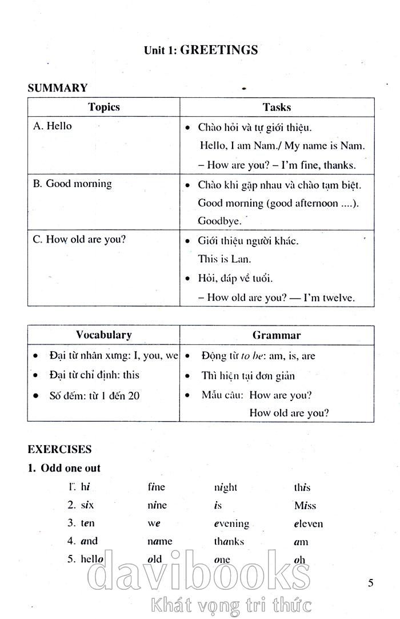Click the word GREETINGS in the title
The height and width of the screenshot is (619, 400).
(x=219, y=50)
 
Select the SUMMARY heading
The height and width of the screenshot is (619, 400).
(x=58, y=88)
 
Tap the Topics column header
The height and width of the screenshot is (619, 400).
(x=104, y=107)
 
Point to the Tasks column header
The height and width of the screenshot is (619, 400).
(x=277, y=107)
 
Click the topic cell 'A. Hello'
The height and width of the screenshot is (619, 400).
(x=53, y=126)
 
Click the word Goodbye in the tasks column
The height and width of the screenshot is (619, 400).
(x=219, y=220)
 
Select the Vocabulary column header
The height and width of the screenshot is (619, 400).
(x=103, y=335)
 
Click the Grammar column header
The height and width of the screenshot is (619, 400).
(x=277, y=335)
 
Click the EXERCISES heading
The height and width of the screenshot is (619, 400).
(x=59, y=449)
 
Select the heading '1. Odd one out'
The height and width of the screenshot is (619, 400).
(x=64, y=468)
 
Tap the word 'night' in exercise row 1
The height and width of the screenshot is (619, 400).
(x=226, y=487)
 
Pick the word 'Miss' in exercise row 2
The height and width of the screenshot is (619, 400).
(x=305, y=505)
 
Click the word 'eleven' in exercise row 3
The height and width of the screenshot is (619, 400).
(x=309, y=523)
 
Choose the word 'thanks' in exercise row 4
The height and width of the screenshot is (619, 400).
(x=229, y=541)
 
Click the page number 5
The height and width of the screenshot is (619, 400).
(x=371, y=583)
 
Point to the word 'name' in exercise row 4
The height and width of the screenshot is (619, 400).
(x=160, y=541)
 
